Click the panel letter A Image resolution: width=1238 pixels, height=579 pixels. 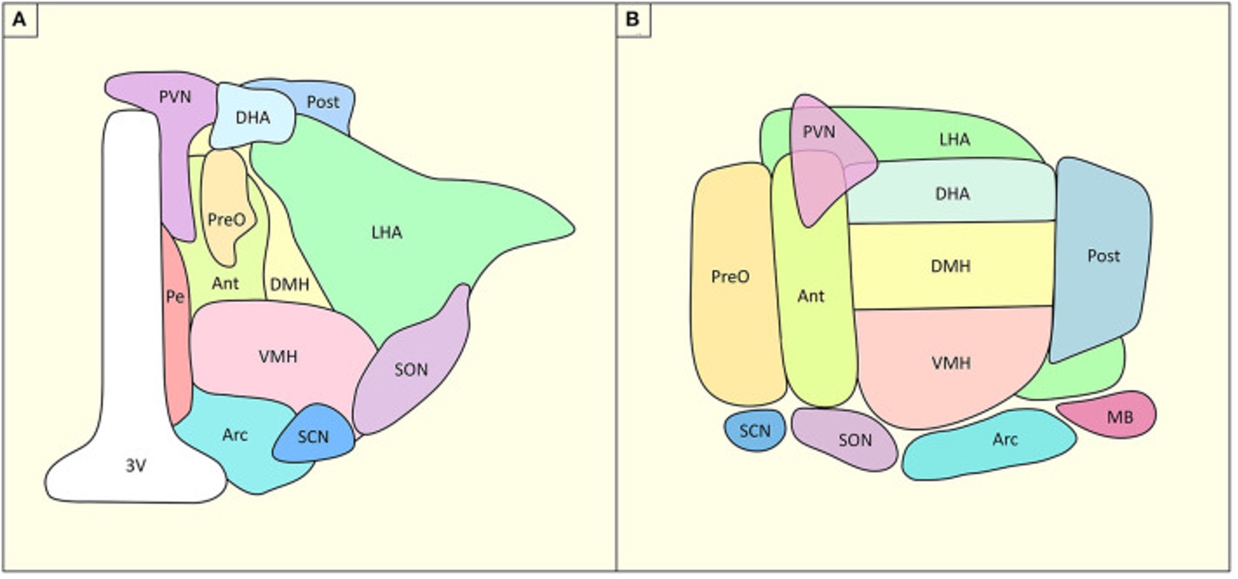[x=20, y=20]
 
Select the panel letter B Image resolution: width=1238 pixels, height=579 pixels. [x=632, y=20]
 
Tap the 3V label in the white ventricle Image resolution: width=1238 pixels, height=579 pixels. [x=136, y=466]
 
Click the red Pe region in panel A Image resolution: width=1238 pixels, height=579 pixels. [x=176, y=328]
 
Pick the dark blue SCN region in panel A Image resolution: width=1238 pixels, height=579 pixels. [x=314, y=435]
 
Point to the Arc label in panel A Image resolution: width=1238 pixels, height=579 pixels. [x=235, y=435]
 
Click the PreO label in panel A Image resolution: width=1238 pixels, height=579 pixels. [x=226, y=219]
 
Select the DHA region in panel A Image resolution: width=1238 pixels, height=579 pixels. [x=253, y=117]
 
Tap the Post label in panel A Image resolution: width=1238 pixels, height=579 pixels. [x=323, y=102]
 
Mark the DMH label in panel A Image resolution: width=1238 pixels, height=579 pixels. [x=289, y=285]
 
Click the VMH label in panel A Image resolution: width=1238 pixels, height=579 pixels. [x=278, y=356]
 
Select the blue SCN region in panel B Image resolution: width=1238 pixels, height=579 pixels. [x=755, y=431]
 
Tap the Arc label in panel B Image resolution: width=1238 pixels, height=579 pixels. [x=1005, y=439]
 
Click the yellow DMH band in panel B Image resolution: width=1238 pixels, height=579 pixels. [x=951, y=266]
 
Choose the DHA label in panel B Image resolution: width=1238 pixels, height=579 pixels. [x=953, y=193]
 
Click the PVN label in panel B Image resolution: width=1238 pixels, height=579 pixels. [x=819, y=132]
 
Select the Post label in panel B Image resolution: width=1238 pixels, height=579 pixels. [x=1104, y=255]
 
